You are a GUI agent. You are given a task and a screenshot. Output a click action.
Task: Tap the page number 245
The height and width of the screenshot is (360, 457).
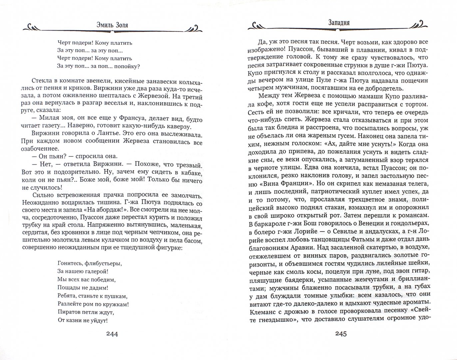coord(339,334)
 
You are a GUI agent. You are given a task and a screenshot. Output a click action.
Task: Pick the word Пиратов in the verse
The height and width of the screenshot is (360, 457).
coord(68,312)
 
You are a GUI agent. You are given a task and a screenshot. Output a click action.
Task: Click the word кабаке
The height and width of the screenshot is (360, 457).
coord(191,173)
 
